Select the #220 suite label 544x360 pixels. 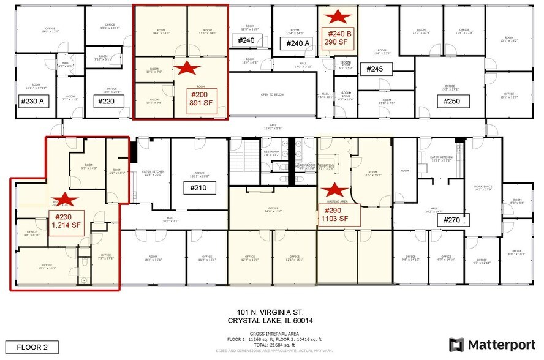(x=107, y=101)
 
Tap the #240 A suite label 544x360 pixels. (x=296, y=43)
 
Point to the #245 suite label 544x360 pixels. (x=374, y=69)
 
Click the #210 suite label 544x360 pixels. (x=200, y=187)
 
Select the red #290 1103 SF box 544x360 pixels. (x=335, y=214)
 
